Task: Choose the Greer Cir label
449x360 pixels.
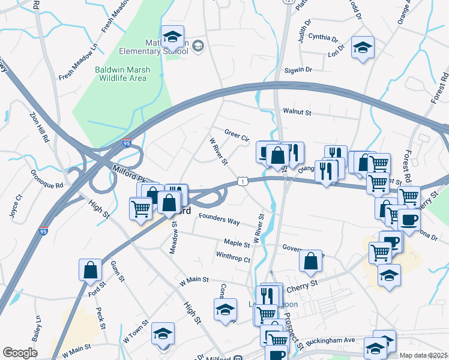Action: pyautogui.click(x=237, y=135)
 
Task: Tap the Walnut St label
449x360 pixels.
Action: pyautogui.click(x=298, y=112)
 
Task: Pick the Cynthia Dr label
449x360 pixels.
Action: pyautogui.click(x=323, y=37)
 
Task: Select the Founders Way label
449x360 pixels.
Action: pyautogui.click(x=219, y=220)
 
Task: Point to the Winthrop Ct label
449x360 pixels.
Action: pyautogui.click(x=233, y=259)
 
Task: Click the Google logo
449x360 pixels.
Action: pyautogui.click(x=20, y=353)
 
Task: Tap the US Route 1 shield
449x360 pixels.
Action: pyautogui.click(x=241, y=181)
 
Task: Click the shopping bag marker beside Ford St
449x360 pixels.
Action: pyautogui.click(x=90, y=270)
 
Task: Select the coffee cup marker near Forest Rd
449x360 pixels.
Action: pyautogui.click(x=409, y=220)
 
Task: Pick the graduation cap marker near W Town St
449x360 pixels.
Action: pyautogui.click(x=162, y=335)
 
